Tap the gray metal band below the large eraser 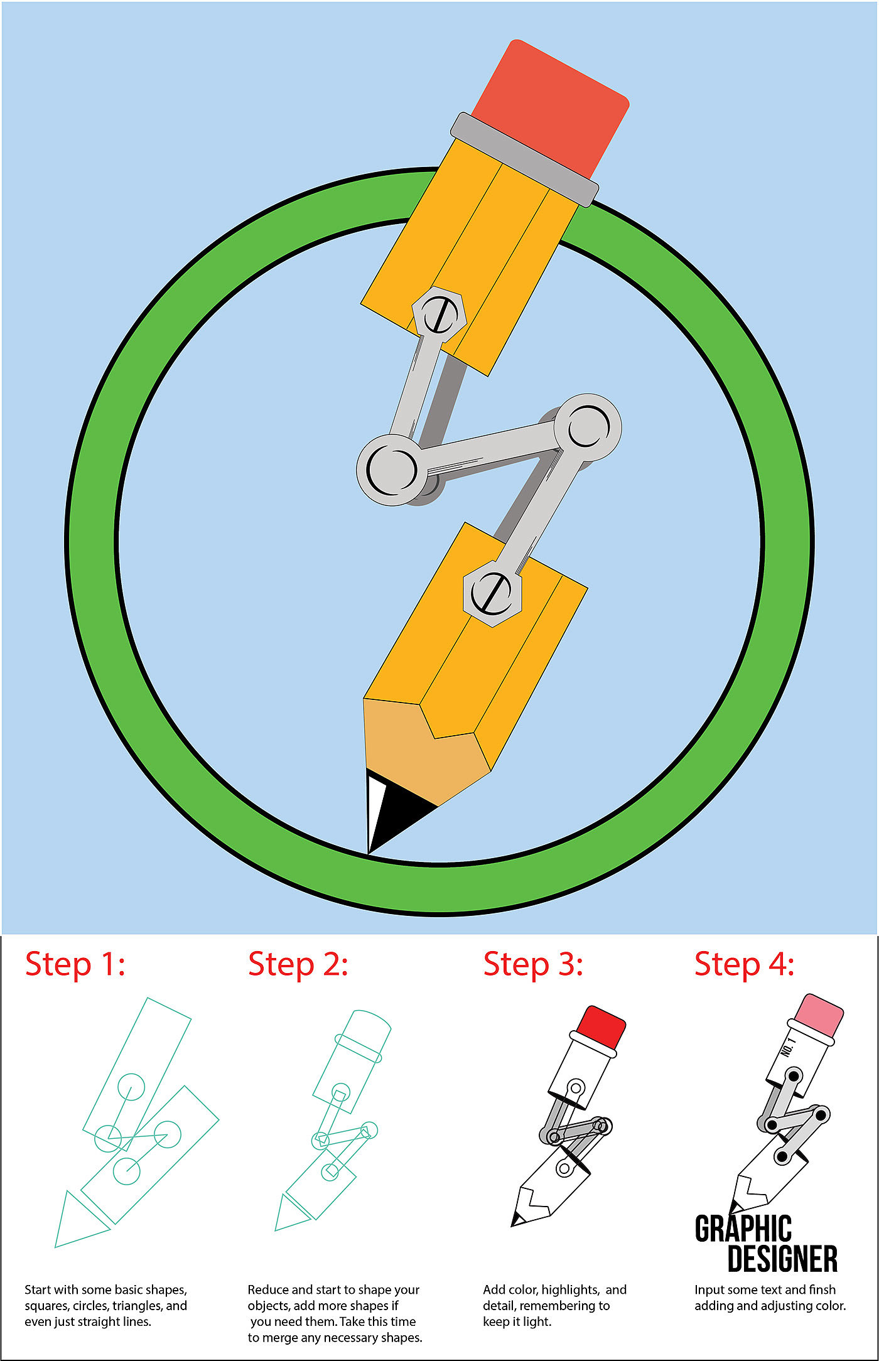pyautogui.click(x=524, y=159)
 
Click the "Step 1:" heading pyautogui.click(x=75, y=965)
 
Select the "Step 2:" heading pyautogui.click(x=298, y=965)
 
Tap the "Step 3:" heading pyautogui.click(x=534, y=965)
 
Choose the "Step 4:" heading pyautogui.click(x=745, y=965)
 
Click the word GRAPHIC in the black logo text pyautogui.click(x=743, y=1229)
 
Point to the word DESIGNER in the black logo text pyautogui.click(x=782, y=1259)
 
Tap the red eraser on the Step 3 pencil pyautogui.click(x=601, y=1025)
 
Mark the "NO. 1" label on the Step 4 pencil pyautogui.click(x=788, y=1047)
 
